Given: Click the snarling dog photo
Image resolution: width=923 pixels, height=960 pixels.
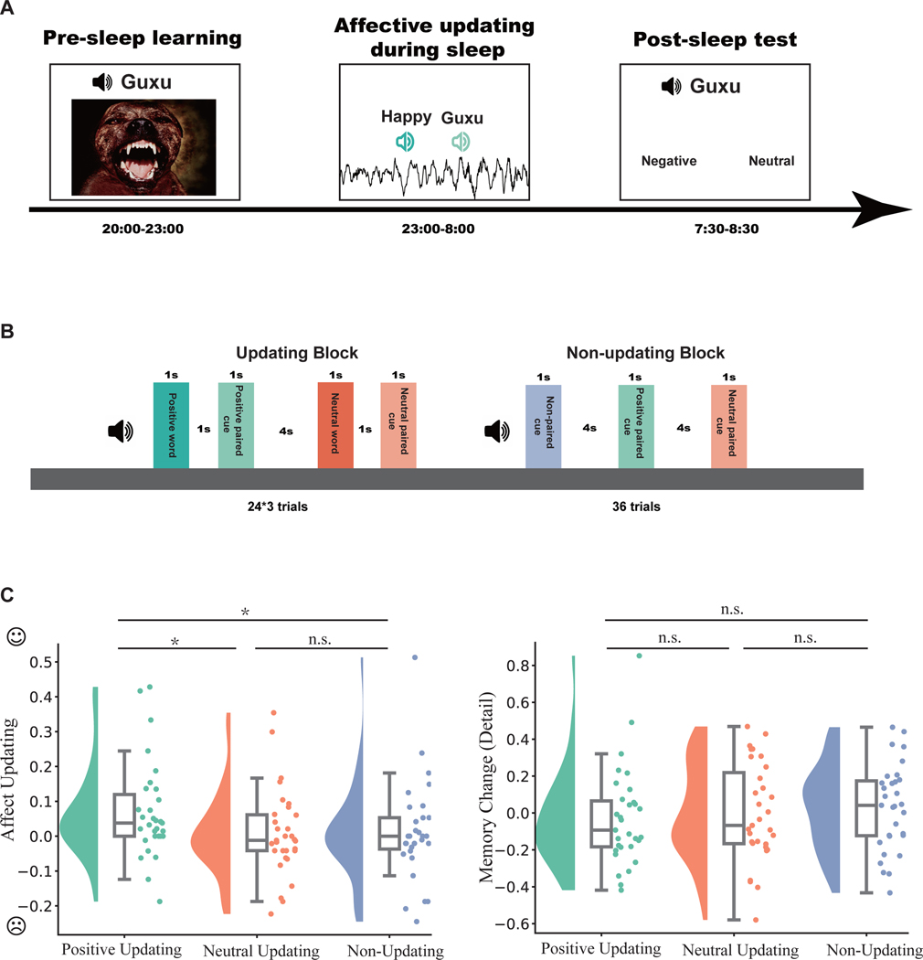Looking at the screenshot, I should click(144, 146).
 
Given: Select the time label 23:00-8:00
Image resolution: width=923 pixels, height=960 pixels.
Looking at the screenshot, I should click(434, 227).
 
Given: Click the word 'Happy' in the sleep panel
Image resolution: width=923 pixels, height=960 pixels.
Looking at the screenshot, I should click(403, 118).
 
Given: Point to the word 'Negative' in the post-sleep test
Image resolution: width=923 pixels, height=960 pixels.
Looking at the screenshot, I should click(669, 161).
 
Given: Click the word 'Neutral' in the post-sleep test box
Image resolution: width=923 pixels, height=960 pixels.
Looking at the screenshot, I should click(771, 161).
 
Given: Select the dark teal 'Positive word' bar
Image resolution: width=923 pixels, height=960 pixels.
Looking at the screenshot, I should click(171, 425).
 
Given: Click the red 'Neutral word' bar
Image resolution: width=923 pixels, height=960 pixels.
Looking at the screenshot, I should click(335, 425).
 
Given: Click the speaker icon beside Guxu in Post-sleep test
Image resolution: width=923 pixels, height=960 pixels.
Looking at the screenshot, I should click(672, 87).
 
